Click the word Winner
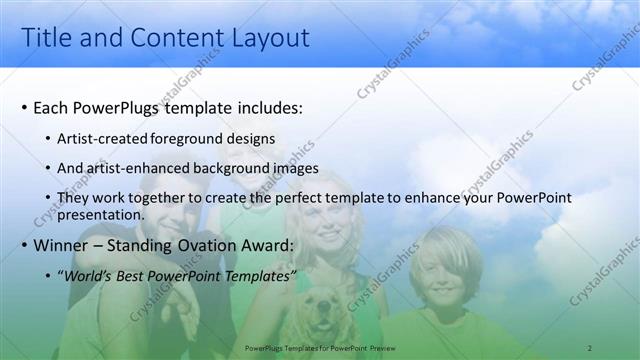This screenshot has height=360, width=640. point(61,245)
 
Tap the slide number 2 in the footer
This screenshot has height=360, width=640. point(590,347)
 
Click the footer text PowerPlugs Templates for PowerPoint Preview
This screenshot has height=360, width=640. point(319,347)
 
